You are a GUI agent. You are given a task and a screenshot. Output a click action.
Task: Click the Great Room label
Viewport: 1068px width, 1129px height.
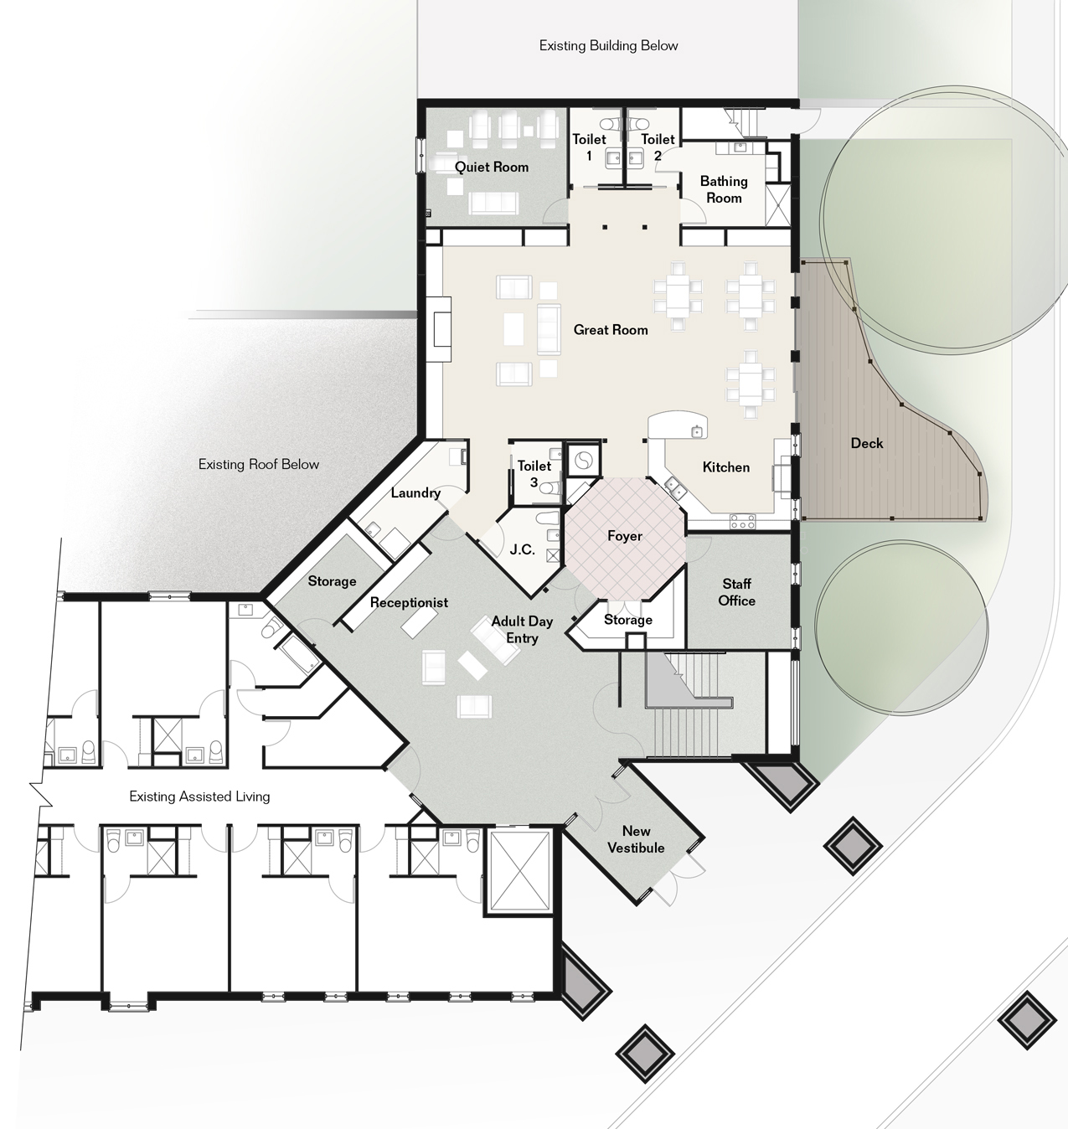(610, 330)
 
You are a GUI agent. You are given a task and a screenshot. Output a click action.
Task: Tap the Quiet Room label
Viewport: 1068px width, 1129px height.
(491, 168)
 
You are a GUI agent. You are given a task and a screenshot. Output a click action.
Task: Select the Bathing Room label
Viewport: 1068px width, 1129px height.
(724, 189)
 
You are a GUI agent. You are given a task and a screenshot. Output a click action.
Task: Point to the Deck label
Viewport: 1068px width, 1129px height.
(866, 443)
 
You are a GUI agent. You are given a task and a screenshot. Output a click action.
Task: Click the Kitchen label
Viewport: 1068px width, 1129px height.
(725, 467)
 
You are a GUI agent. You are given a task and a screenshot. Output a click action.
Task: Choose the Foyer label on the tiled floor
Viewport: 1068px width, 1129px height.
(625, 536)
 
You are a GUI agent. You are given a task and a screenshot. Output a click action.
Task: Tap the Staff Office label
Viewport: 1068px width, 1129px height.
(736, 592)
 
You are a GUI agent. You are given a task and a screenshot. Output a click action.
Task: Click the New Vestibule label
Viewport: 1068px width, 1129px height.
(636, 839)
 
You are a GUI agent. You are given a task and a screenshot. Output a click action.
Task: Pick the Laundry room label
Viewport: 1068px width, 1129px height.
(415, 492)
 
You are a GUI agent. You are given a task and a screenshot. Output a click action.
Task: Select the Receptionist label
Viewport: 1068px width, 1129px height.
(409, 602)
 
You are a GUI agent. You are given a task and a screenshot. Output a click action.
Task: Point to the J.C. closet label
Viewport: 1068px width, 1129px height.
(522, 549)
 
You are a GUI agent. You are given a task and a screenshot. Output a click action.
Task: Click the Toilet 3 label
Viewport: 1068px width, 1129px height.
(534, 474)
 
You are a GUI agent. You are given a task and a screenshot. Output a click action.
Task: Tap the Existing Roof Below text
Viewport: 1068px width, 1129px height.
(259, 464)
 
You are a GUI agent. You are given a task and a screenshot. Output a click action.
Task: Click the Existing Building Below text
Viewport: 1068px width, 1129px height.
(608, 45)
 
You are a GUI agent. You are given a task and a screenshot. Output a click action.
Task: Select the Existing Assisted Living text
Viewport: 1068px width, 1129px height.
(199, 796)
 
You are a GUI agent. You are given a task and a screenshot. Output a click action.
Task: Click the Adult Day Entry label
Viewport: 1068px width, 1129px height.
(522, 629)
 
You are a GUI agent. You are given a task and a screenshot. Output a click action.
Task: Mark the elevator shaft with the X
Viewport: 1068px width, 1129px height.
(518, 870)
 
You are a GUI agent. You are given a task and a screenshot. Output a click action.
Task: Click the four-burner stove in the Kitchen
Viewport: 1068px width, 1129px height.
(742, 522)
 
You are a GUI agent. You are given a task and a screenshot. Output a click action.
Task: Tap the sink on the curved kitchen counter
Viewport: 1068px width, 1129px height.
(698, 430)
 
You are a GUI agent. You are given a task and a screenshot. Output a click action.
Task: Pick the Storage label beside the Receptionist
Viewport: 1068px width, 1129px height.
(332, 581)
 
